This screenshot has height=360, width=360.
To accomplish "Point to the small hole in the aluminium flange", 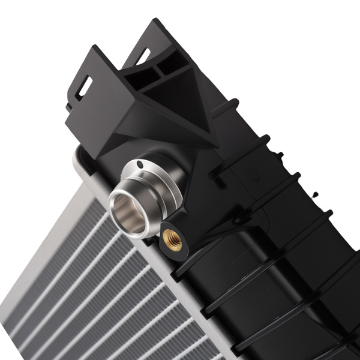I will pyautogui.click(x=140, y=164).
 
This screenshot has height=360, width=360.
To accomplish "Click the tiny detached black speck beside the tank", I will pyautogui.click(x=315, y=194).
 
